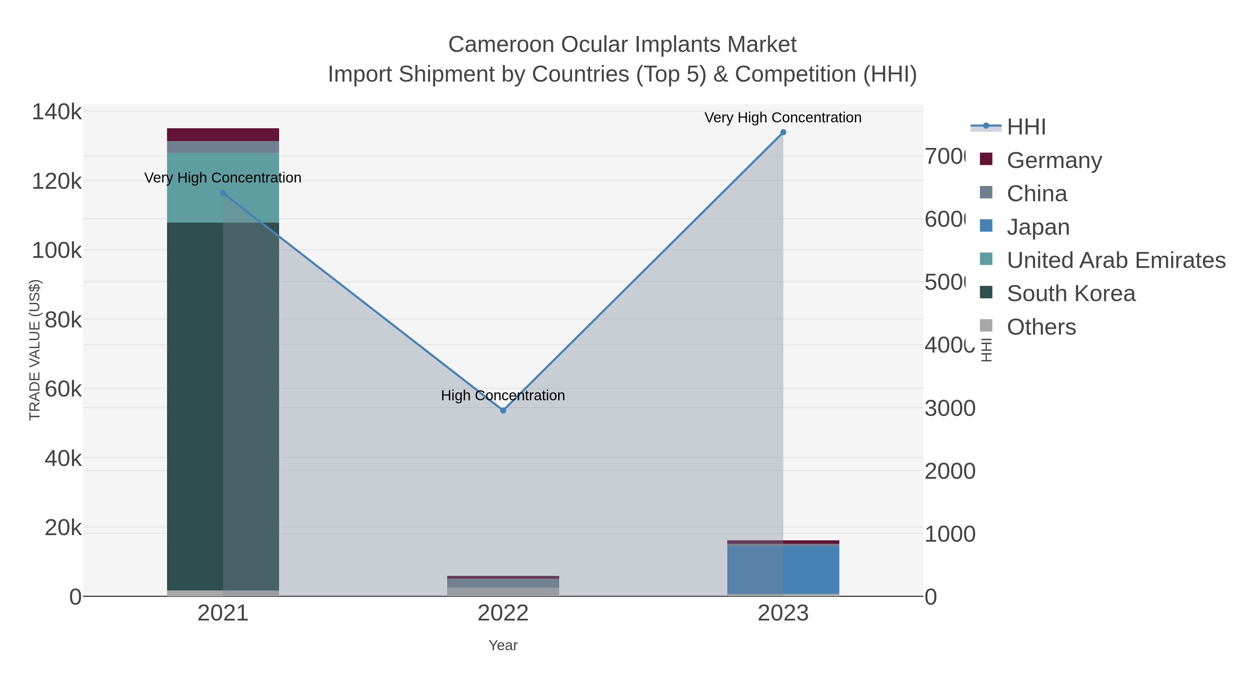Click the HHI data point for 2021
point(223,193)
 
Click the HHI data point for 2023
point(783,132)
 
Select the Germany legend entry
point(1054,160)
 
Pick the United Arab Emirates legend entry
point(1115,260)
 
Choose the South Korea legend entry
point(1070,294)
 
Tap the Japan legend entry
point(1037,227)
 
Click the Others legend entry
point(1041,327)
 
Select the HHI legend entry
point(1026,127)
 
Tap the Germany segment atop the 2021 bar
point(223,135)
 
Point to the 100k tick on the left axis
point(57,251)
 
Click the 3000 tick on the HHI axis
point(950,409)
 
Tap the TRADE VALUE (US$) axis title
point(35,350)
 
